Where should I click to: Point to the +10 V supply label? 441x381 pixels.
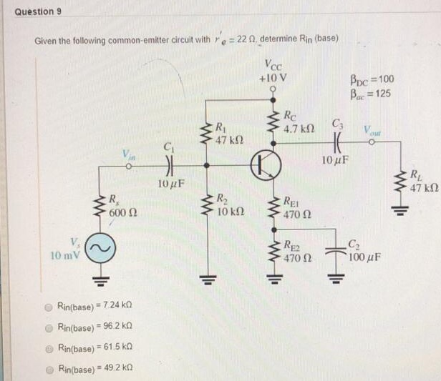coord(274,77)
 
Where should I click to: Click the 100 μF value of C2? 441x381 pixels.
coord(366,255)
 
